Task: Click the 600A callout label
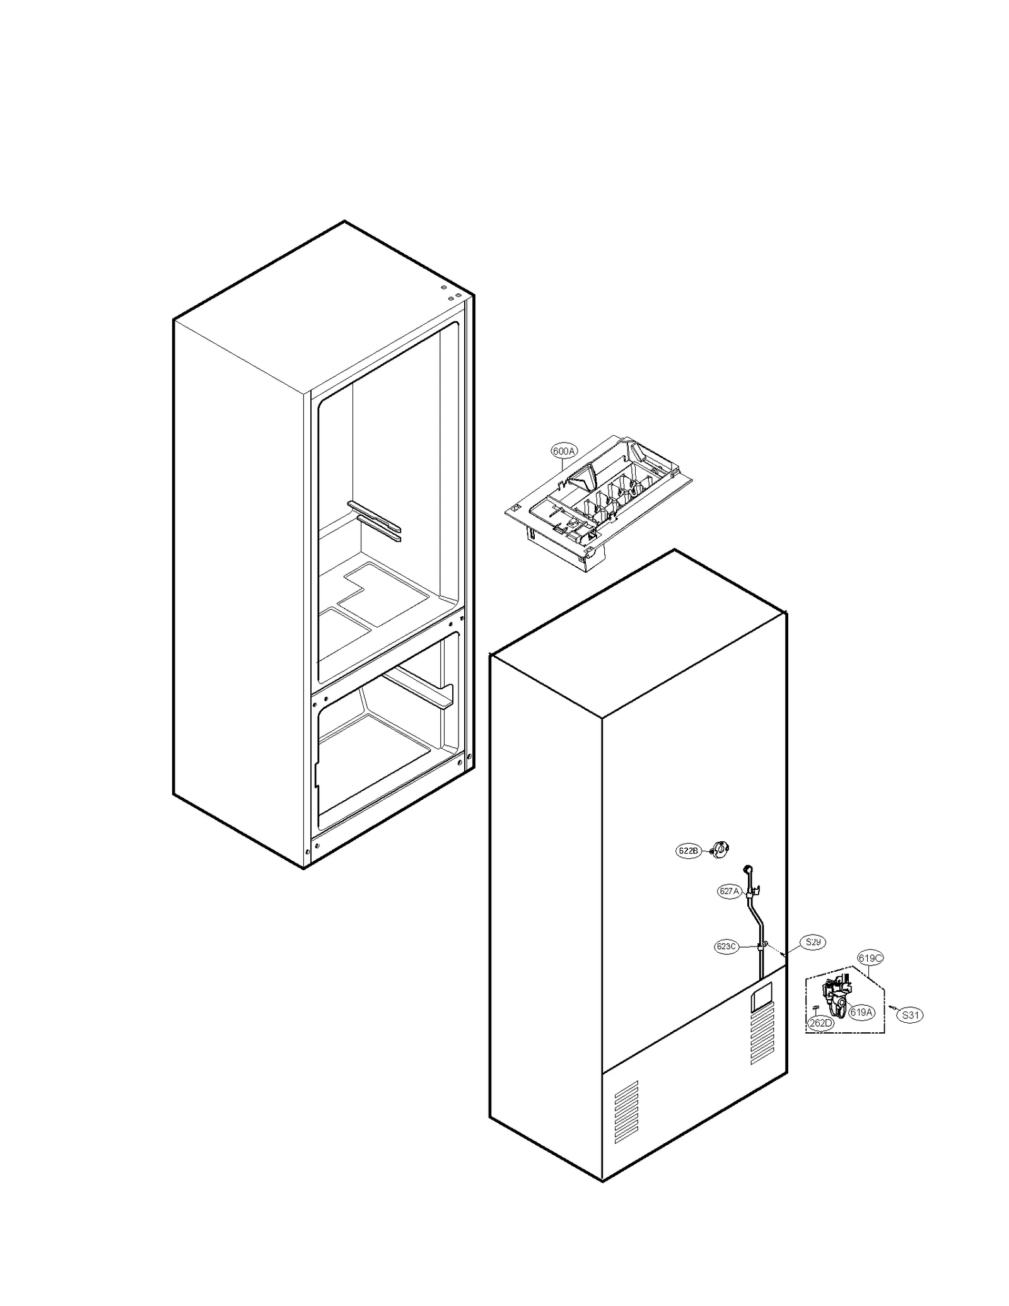[563, 451]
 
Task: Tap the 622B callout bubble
[688, 851]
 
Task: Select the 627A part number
[728, 891]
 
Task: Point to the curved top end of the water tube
[748, 869]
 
